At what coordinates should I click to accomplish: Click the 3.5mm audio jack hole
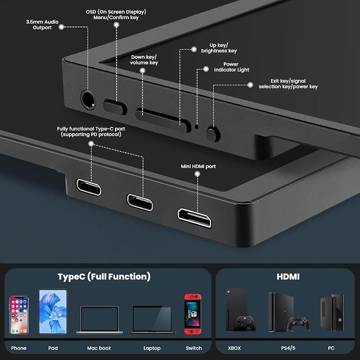point(88,100)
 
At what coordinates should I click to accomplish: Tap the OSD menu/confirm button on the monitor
point(115,107)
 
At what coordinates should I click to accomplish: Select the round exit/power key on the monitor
point(213,134)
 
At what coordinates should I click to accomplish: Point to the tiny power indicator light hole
point(197,126)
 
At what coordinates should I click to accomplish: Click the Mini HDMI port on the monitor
point(195,218)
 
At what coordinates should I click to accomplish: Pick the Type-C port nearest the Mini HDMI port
point(139,203)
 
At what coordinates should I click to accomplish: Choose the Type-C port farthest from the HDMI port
point(89,187)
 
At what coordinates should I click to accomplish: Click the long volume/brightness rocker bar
point(163,120)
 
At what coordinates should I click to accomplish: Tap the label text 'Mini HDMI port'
point(198,166)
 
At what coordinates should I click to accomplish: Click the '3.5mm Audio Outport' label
point(42,24)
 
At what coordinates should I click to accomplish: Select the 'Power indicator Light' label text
point(231,67)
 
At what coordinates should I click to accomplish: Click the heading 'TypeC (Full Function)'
point(104,277)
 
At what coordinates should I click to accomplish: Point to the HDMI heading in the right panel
point(288,277)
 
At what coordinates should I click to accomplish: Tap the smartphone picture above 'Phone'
point(19,315)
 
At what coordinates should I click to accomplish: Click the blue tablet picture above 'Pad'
point(53,312)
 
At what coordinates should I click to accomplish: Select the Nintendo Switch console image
point(192,314)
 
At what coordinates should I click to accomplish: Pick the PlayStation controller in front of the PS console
point(298,324)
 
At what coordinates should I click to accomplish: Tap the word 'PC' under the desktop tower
point(331,348)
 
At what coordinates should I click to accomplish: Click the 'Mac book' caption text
point(99,348)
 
